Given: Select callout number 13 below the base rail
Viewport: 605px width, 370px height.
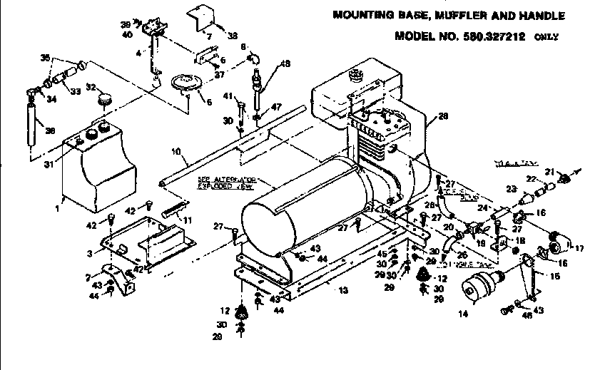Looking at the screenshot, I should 345,290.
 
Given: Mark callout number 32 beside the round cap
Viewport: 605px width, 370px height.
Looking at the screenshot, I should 91,87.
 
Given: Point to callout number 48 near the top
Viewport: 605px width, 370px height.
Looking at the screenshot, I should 285,63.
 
